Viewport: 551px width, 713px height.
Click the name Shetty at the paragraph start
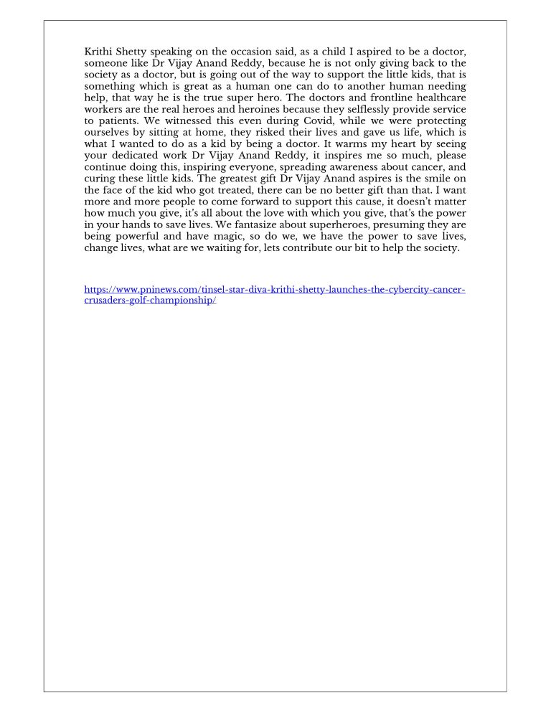pos(130,52)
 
